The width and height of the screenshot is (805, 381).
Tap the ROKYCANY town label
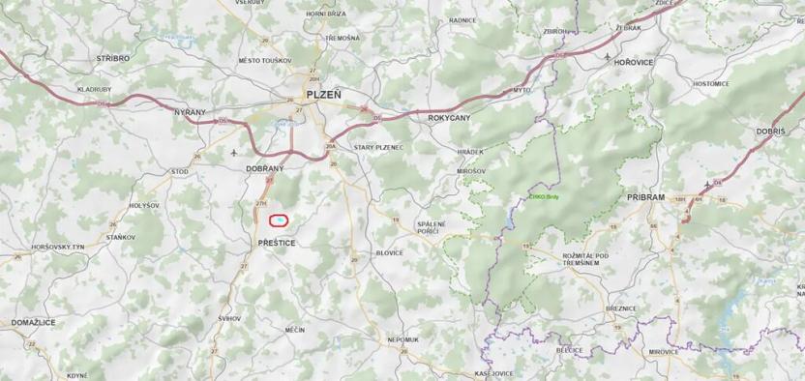point(448,117)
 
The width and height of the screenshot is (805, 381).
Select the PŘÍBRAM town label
point(645,196)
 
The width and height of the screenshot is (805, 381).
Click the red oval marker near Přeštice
point(279,221)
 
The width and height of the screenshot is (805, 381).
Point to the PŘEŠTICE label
point(277,242)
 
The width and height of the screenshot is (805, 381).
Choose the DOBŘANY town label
point(264,167)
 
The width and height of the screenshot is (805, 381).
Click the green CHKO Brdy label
point(545,195)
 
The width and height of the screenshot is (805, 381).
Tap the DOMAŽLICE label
point(33,321)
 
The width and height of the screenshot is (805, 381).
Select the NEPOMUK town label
point(402,339)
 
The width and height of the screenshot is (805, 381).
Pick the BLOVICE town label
point(389,252)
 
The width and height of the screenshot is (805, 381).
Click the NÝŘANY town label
point(190,112)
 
